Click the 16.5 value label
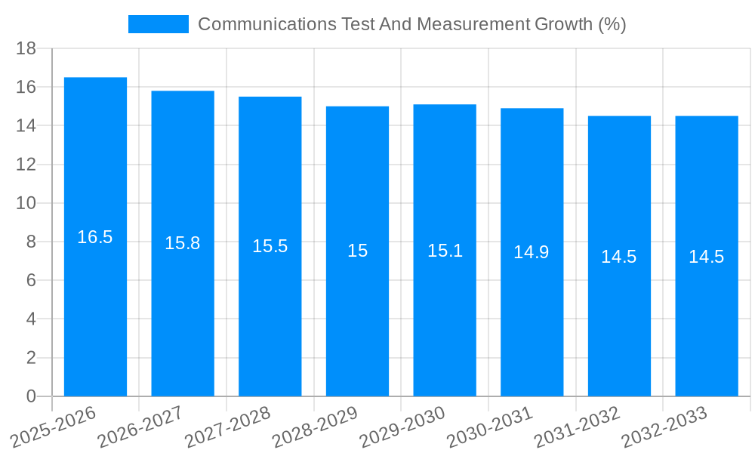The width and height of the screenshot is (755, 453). (x=95, y=237)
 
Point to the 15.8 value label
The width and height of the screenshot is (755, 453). (x=183, y=243)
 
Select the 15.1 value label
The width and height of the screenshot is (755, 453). (x=445, y=251)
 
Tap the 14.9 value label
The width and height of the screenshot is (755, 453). (x=532, y=252)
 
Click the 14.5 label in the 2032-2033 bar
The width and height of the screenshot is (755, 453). (x=707, y=257)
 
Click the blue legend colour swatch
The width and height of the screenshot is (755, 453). (x=159, y=24)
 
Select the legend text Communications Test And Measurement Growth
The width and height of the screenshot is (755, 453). (x=411, y=24)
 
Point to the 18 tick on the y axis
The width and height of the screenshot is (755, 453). (x=26, y=48)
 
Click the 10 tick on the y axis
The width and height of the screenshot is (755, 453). (x=26, y=203)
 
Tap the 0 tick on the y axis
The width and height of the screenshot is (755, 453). (x=31, y=396)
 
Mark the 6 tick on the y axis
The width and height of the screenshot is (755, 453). (x=31, y=281)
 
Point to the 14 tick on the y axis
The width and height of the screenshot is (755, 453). (x=26, y=126)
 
